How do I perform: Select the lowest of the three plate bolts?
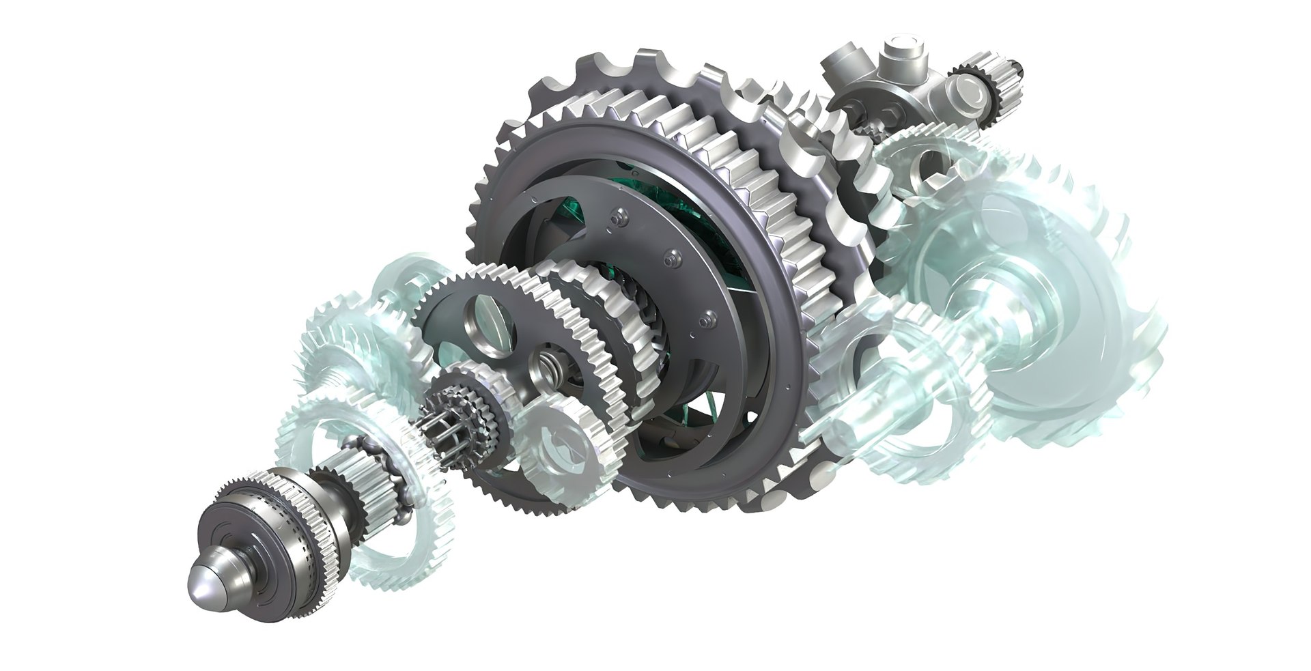tap(708, 315)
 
